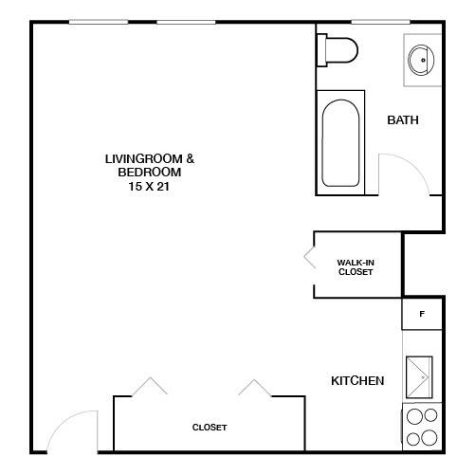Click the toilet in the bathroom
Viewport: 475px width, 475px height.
click(x=338, y=50)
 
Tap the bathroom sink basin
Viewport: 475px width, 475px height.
click(x=421, y=60)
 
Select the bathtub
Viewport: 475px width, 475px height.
click(x=340, y=143)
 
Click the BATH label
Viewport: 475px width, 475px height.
click(x=403, y=120)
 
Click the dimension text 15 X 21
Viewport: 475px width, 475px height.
click(x=149, y=187)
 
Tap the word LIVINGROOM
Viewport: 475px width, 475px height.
click(x=144, y=159)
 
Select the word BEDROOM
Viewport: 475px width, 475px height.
click(x=150, y=173)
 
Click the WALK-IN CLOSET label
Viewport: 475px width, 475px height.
click(x=356, y=267)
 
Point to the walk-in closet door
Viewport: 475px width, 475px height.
click(x=309, y=257)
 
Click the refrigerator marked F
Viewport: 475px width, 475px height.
click(x=422, y=314)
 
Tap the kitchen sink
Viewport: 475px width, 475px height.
click(x=419, y=377)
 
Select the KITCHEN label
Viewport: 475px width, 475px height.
click(x=357, y=381)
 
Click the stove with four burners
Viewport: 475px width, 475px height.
click(x=422, y=427)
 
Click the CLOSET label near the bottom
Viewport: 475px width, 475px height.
click(x=210, y=428)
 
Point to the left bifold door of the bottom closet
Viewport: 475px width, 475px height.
click(x=150, y=386)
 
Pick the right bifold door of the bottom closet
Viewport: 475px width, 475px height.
click(x=255, y=388)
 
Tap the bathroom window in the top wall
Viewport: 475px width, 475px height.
click(x=380, y=22)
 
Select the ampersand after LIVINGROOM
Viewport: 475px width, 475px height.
click(x=190, y=158)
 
